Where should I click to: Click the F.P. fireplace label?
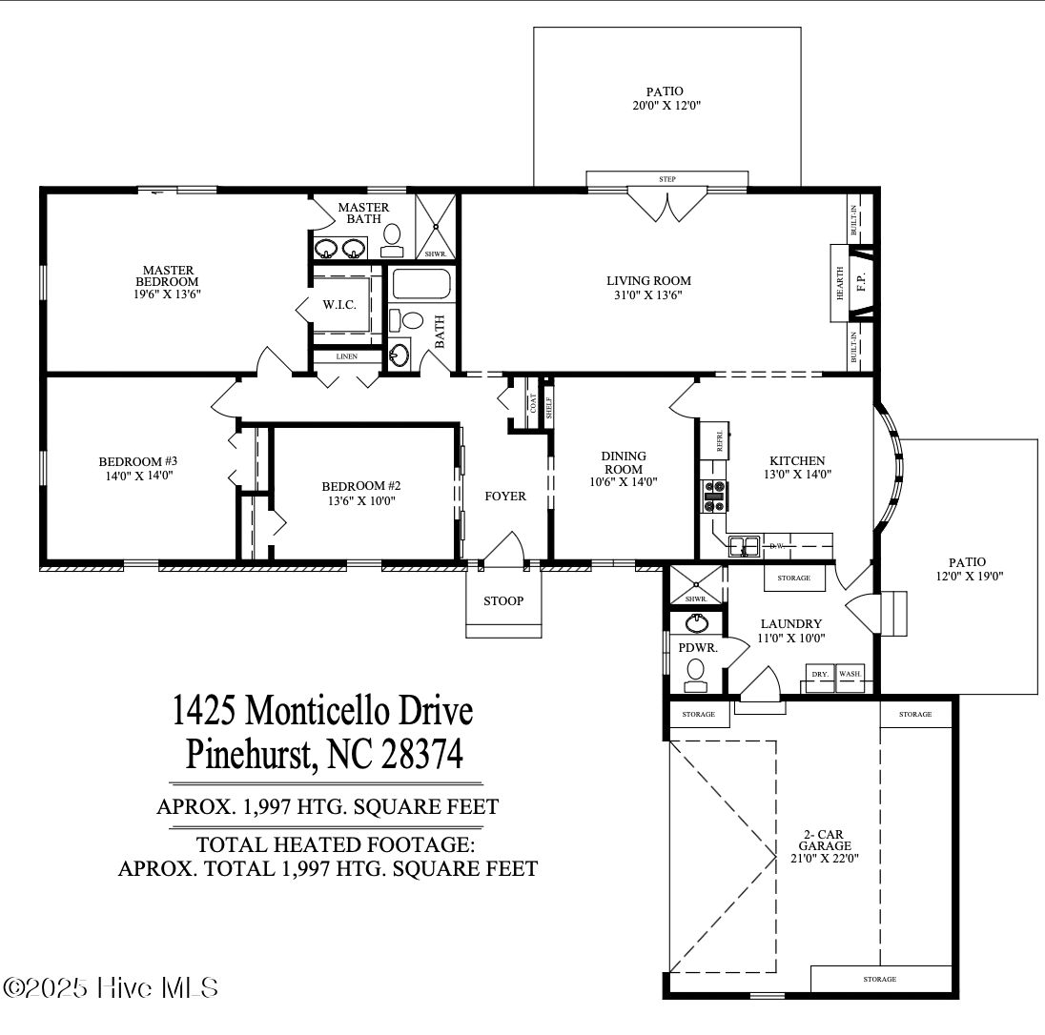(860, 283)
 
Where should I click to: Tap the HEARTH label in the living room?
(840, 283)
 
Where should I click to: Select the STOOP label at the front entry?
(502, 600)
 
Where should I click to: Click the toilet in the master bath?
(392, 239)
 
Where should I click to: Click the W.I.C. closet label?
(338, 305)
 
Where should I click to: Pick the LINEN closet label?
(347, 356)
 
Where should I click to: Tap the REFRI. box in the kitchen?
(714, 440)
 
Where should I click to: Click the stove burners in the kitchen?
(714, 496)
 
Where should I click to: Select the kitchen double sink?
(744, 546)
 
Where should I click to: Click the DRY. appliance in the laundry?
(819, 673)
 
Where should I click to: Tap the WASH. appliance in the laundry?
(850, 673)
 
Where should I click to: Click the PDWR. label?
(691, 647)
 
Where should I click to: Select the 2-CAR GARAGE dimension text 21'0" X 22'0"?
(825, 858)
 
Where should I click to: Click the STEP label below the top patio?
(667, 179)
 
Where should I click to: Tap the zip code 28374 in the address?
(422, 755)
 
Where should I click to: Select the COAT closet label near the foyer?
(533, 405)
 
